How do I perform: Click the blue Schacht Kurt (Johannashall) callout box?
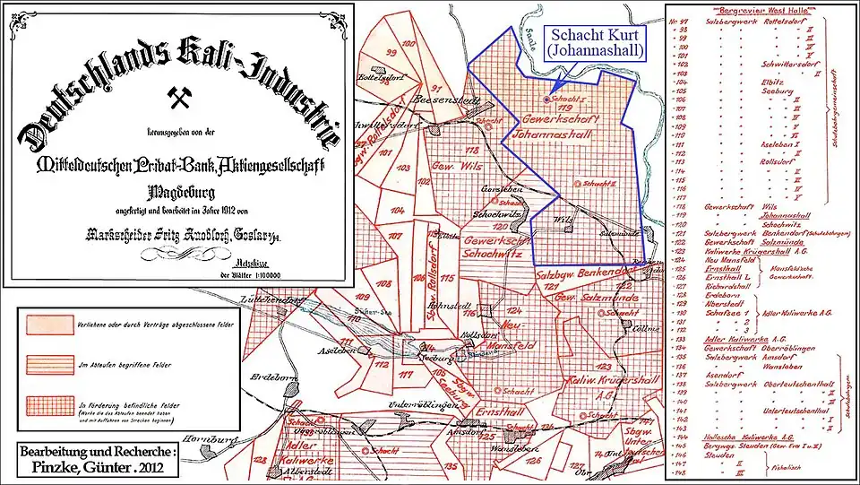[x=597, y=42]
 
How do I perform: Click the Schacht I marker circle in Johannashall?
[x=546, y=98]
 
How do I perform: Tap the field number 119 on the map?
[x=565, y=108]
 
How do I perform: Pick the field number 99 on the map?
[x=390, y=52]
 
